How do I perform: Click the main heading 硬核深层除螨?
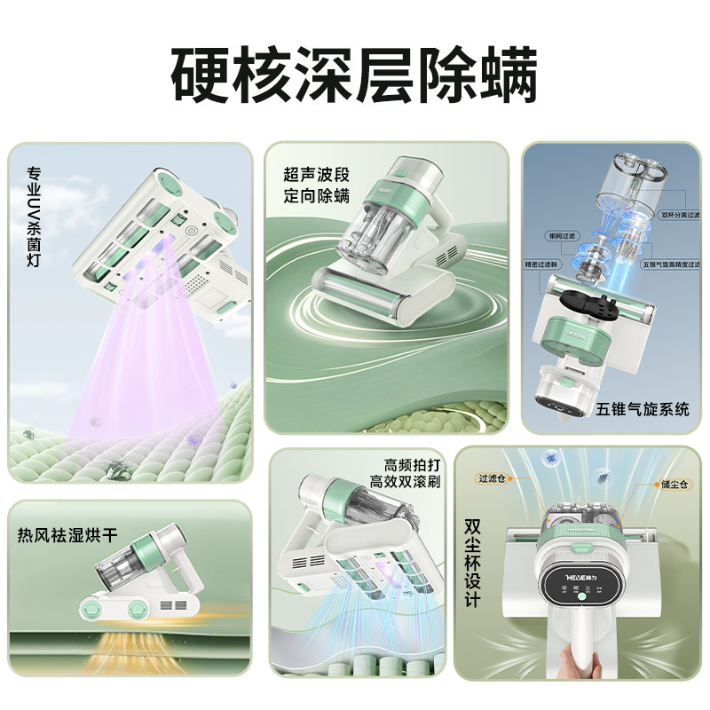coord(354,75)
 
